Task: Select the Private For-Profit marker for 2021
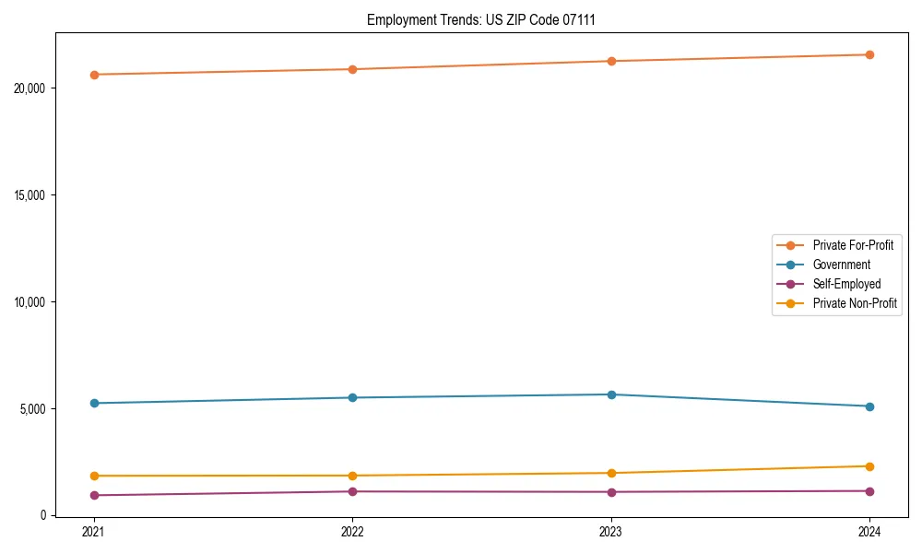[x=94, y=75]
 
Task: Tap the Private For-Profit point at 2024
[x=869, y=54]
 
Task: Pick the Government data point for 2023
[x=611, y=394]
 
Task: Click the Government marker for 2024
[x=869, y=406]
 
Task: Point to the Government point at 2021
[x=94, y=403]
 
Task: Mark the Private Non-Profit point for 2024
[x=869, y=466]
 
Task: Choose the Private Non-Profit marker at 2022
[x=352, y=476]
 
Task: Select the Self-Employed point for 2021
[x=94, y=495]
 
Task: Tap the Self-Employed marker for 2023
[x=611, y=491]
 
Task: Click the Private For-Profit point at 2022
[x=352, y=69]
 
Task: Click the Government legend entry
[x=841, y=265]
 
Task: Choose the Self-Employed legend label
[x=846, y=284]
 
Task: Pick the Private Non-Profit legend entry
[x=855, y=303]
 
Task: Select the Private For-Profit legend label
[x=853, y=245]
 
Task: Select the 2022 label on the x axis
[x=352, y=531]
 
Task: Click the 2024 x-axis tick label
[x=869, y=531]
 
